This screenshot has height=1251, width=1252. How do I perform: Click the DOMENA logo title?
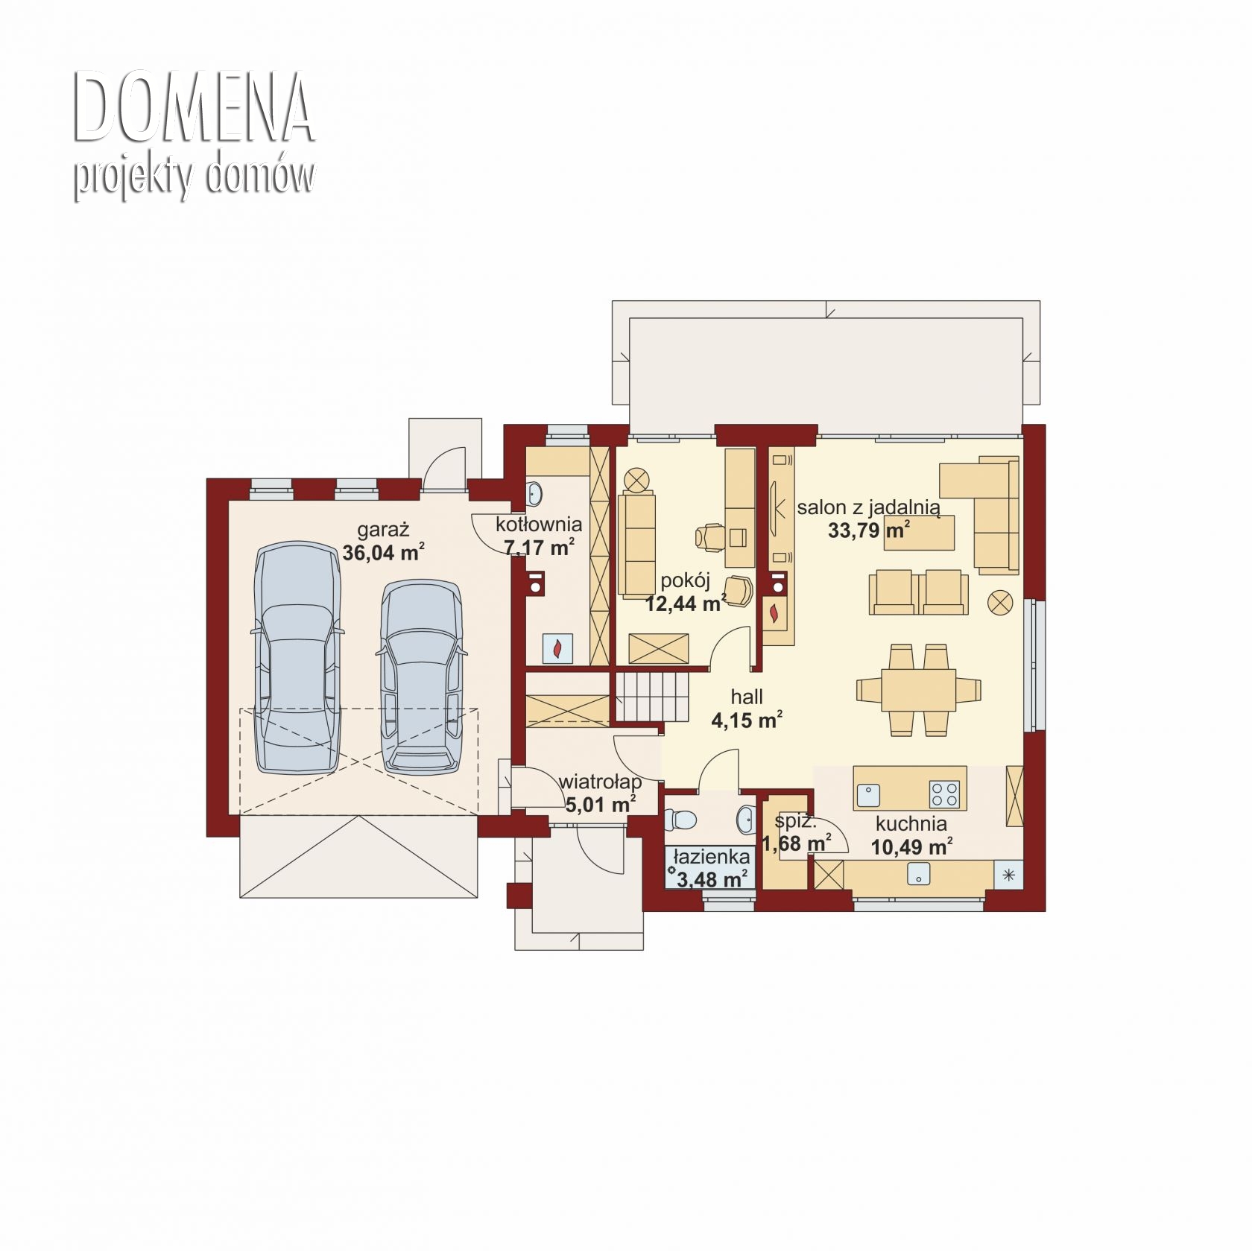click(x=194, y=108)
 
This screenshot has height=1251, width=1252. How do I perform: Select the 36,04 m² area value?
click(x=384, y=552)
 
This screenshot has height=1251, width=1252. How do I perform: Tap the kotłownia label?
click(x=539, y=525)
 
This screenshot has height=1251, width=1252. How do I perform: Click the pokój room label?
click(x=686, y=580)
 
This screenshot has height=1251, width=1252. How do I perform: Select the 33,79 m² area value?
click(x=869, y=531)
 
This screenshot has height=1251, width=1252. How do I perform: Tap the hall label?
click(x=747, y=697)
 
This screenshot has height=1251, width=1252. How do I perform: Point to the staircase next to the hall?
click(x=652, y=696)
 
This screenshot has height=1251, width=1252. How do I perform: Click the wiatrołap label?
click(x=600, y=782)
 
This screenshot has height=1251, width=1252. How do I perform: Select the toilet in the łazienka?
click(x=680, y=820)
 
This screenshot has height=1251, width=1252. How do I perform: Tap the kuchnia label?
click(x=911, y=824)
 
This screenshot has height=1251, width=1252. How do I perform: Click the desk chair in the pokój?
click(x=711, y=536)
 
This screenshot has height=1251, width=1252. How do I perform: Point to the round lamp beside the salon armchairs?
click(x=1000, y=601)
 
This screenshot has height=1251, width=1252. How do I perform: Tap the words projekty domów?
click(x=194, y=177)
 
